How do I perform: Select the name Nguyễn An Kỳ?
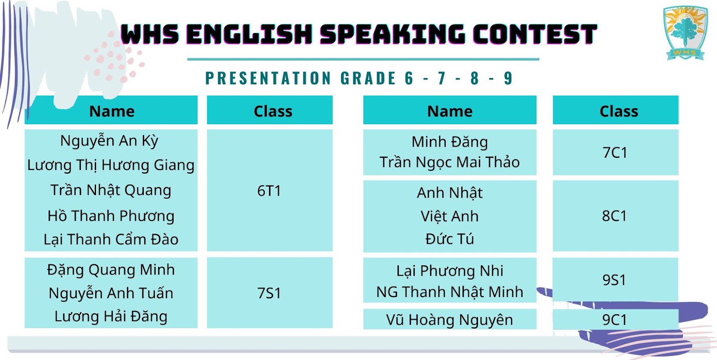point(109,141)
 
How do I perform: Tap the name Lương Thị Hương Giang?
point(111,165)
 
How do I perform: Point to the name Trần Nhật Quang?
point(111,190)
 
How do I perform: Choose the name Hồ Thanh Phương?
point(111,216)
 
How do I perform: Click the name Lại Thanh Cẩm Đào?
point(111,239)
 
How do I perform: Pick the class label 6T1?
point(269,191)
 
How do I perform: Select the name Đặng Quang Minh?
point(111,270)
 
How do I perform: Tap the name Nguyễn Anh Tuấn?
point(111,293)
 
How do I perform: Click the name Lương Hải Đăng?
point(111,317)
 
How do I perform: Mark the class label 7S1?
point(269,293)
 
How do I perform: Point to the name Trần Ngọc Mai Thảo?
point(449,162)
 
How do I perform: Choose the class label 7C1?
point(615,152)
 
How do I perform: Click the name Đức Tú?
point(449,239)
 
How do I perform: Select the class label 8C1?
point(614,216)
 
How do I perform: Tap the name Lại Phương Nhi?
point(449,271)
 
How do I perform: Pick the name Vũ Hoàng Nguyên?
point(449,320)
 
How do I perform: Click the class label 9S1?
point(614,280)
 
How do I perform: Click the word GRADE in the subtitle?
point(368,78)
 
